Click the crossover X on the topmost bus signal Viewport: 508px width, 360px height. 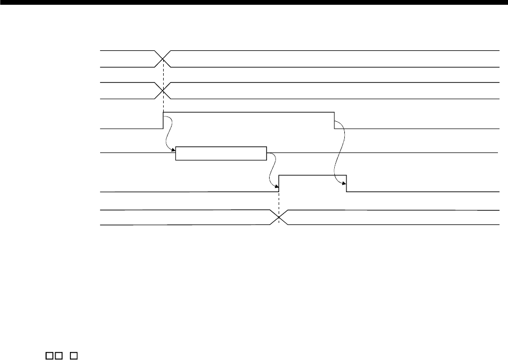point(163,59)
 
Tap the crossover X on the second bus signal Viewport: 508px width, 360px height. point(163,91)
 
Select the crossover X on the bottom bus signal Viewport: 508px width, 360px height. point(279,218)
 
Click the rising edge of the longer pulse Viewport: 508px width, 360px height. point(163,120)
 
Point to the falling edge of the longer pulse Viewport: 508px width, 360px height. point(334,120)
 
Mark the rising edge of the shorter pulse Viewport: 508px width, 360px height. point(279,183)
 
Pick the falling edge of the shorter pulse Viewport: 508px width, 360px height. point(346,183)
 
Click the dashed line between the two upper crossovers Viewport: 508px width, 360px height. point(163,75)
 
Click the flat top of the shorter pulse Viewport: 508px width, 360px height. point(313,174)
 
